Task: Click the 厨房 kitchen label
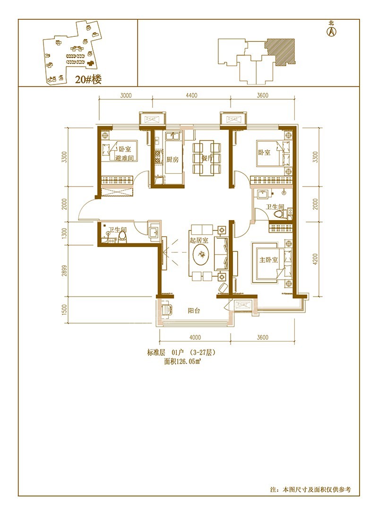(x=172, y=159)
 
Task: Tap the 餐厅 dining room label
(x=207, y=158)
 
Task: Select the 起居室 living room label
(x=199, y=240)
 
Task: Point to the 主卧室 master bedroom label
(x=268, y=260)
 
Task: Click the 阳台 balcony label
(x=194, y=310)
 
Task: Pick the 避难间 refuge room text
(x=124, y=158)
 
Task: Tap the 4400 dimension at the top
(x=191, y=95)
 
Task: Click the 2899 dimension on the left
(x=64, y=270)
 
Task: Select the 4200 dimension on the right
(x=315, y=259)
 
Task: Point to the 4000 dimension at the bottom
(x=195, y=337)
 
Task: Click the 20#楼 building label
(x=88, y=79)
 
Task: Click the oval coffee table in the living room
(x=201, y=255)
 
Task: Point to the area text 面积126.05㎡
(x=182, y=361)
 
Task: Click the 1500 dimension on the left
(x=64, y=310)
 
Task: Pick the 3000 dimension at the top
(x=126, y=95)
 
